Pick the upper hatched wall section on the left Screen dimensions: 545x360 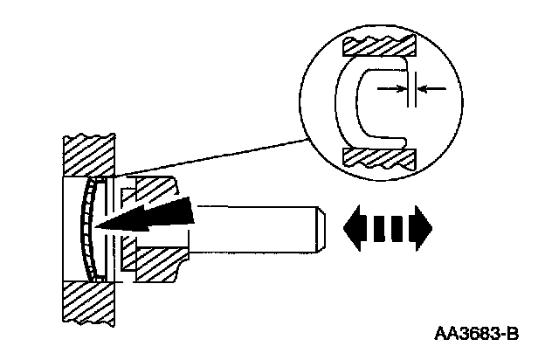pos(87,154)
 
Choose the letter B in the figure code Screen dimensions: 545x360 pos(513,334)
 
